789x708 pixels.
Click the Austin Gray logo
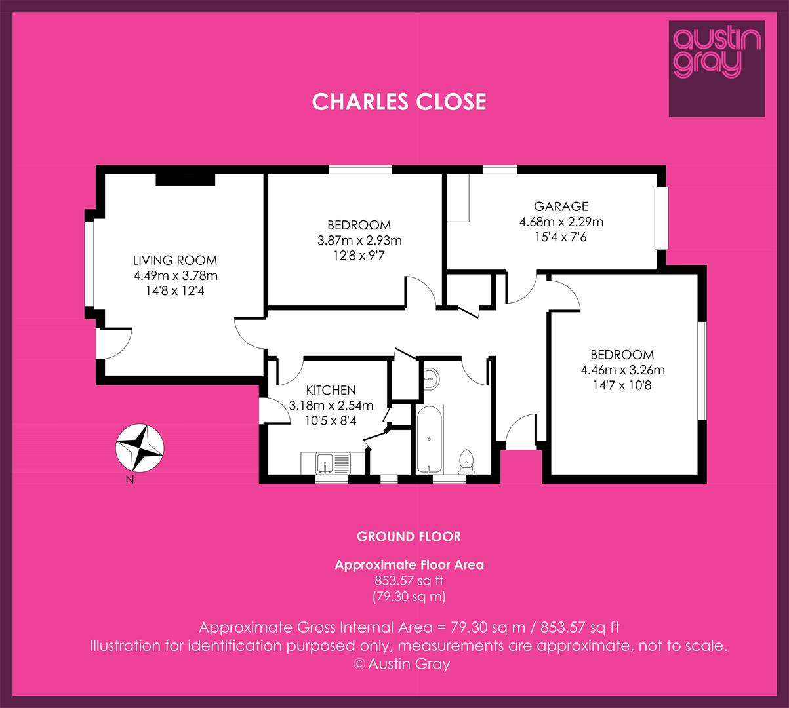pos(717,68)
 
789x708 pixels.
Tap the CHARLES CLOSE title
pos(399,102)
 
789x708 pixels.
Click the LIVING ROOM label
pos(175,260)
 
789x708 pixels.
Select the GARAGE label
pos(561,206)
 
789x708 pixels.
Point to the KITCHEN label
pos(331,390)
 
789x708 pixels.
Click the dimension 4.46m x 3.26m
pos(622,370)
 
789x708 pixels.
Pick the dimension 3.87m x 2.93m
pos(359,240)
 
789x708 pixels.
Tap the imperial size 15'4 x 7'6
pos(560,237)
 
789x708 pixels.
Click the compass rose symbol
pos(140,448)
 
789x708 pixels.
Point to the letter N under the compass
pos(130,480)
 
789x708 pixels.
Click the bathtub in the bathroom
pos(429,439)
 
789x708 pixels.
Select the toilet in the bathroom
pos(466,462)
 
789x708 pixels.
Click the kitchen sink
pos(326,463)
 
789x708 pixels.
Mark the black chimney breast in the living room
pos(186,180)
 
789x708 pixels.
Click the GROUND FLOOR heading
pos(409,537)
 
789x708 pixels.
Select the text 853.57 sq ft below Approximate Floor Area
pos(409,580)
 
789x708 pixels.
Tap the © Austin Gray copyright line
pos(401,663)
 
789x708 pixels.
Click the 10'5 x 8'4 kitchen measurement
pos(331,421)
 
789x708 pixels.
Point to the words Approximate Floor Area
pos(409,565)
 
